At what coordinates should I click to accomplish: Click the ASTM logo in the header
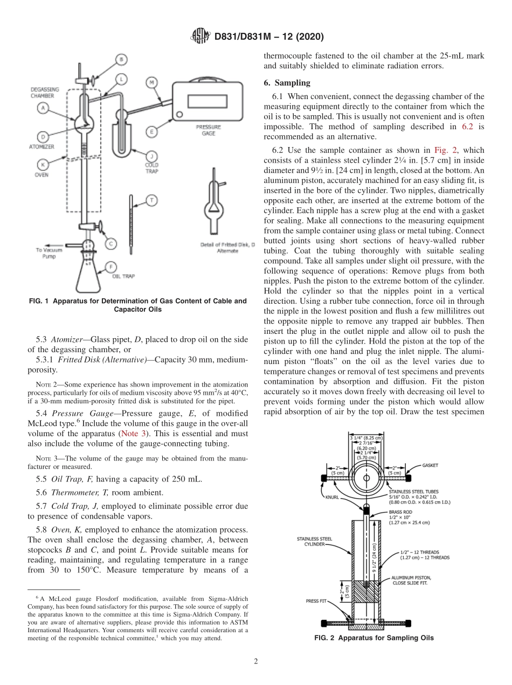pyautogui.click(x=200, y=37)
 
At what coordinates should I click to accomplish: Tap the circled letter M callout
pyautogui.click(x=151, y=82)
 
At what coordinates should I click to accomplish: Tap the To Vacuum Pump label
pyautogui.click(x=49, y=253)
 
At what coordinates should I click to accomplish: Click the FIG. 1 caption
pyautogui.click(x=137, y=305)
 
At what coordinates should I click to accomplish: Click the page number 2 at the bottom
pyautogui.click(x=255, y=662)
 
